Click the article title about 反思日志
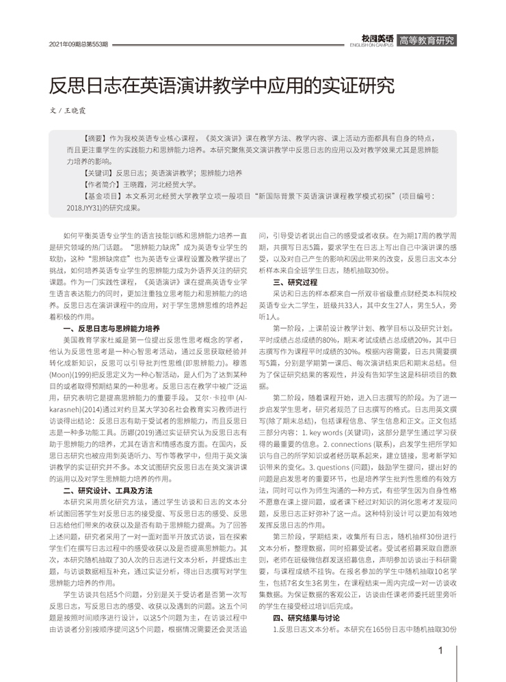coord(222,85)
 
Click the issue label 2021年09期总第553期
coord(79,44)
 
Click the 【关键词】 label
coord(94,174)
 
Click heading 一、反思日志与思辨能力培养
coord(110,327)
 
